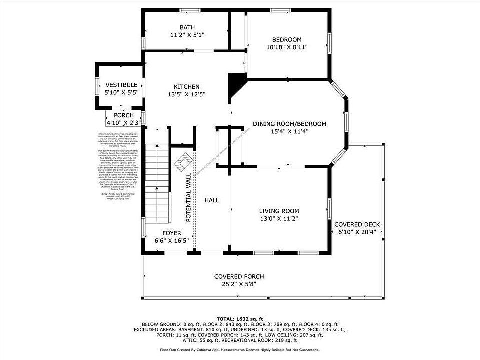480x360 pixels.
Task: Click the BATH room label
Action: pos(187,27)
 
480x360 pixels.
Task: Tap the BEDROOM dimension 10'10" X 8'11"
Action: pos(287,47)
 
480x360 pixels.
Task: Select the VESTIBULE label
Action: pos(121,85)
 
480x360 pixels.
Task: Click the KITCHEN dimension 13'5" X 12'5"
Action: pos(187,94)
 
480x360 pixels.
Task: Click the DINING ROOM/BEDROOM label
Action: pos(289,124)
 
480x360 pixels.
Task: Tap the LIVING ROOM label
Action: pos(279,211)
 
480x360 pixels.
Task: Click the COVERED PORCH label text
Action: pos(239,276)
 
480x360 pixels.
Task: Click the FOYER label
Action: pos(172,233)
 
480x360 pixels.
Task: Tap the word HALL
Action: pos(212,200)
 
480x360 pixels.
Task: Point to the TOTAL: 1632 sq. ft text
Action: pos(239,318)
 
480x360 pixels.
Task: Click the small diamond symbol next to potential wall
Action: pos(183,161)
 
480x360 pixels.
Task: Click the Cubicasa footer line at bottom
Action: pos(239,350)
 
